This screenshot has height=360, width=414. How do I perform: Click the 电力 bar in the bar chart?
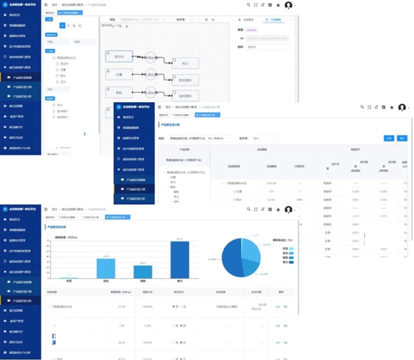coord(179,258)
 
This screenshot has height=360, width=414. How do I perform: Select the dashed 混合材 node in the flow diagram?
coord(118,57)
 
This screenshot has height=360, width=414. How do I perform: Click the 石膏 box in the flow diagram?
coord(118,75)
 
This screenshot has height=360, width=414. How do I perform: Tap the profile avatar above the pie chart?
coord(288,210)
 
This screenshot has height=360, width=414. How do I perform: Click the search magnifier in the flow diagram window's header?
coord(246,5)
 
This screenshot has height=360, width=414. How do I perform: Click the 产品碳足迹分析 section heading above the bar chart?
coord(59,228)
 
